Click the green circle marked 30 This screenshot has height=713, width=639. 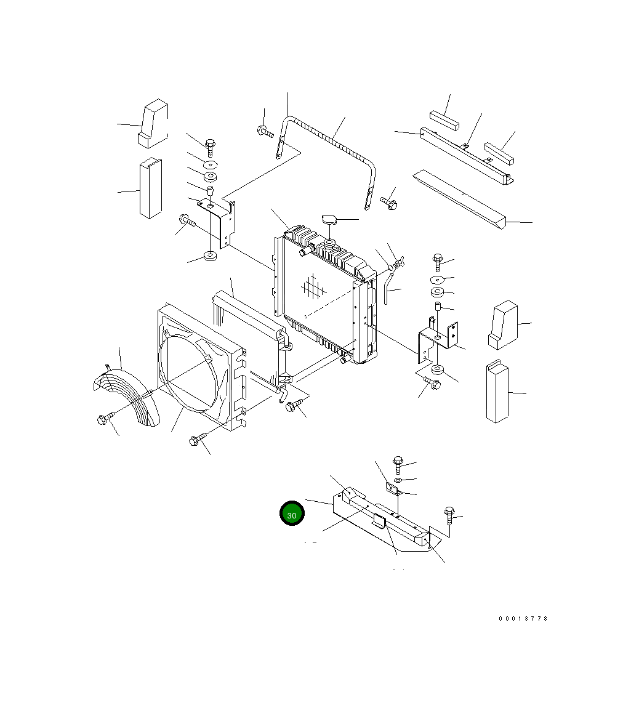coord(292,514)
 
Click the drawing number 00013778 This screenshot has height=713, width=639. coord(523,618)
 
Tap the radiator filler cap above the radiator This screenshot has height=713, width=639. coord(329,220)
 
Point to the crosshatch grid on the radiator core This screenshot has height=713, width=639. coord(313,288)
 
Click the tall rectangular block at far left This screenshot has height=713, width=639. coord(150,188)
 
